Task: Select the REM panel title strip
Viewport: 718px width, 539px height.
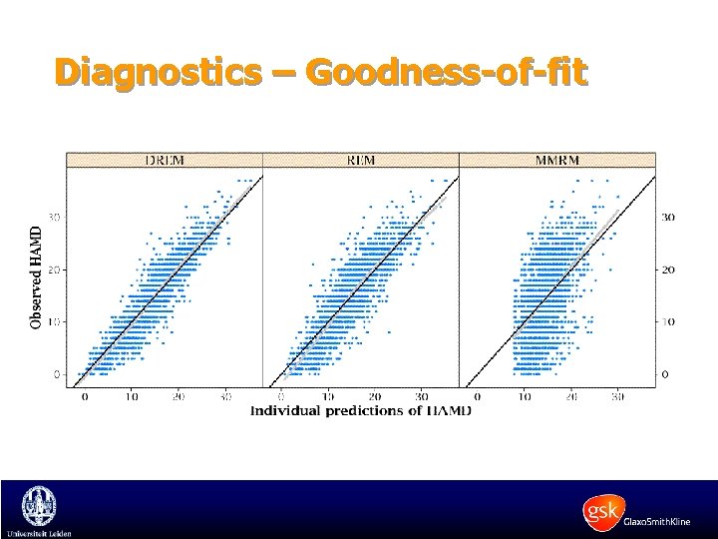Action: (360, 159)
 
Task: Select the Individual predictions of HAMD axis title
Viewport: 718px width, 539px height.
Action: (360, 410)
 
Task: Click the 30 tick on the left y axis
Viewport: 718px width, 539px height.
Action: (57, 217)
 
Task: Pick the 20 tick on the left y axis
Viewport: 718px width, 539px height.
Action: (57, 269)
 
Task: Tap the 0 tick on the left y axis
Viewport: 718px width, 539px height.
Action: (58, 374)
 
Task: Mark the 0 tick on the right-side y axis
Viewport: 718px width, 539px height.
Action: (665, 374)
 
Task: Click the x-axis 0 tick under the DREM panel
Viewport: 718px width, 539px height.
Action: (85, 396)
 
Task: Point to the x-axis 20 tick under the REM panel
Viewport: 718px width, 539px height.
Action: (374, 396)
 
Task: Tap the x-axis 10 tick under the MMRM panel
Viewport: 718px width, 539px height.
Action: (523, 396)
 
